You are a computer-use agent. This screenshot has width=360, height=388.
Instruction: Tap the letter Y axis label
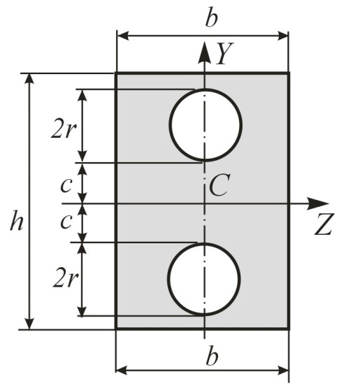(224, 53)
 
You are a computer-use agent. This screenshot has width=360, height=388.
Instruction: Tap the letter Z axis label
(324, 224)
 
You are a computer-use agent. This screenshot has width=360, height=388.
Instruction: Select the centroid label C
(219, 185)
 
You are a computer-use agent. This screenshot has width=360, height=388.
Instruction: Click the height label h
(17, 220)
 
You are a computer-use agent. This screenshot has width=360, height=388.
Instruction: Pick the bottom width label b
(213, 356)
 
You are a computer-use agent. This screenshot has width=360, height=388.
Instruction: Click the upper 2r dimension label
(63, 129)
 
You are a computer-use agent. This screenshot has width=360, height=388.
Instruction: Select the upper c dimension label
(66, 185)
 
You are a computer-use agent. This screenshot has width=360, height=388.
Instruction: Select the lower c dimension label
(66, 221)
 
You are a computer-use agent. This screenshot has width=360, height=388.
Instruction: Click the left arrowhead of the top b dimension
(123, 36)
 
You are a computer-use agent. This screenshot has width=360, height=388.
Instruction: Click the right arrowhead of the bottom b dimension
(282, 371)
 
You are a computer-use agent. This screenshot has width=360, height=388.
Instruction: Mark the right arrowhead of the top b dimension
(282, 36)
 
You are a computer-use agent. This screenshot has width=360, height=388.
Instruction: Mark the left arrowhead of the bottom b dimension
(122, 371)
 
